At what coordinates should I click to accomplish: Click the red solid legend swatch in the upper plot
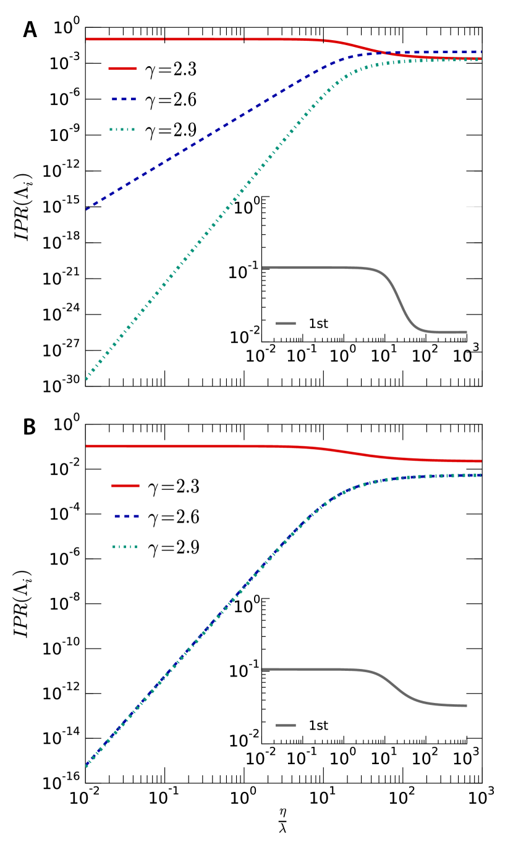[x=122, y=69]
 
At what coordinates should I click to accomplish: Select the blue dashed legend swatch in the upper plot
[x=124, y=99]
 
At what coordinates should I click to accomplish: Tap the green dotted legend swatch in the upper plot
[x=122, y=130]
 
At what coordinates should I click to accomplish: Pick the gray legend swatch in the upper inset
[x=286, y=323]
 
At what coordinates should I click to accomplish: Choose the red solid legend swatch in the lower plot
[x=125, y=486]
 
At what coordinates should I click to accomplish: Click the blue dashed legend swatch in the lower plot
[x=126, y=516]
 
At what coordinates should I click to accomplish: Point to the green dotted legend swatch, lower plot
[x=125, y=547]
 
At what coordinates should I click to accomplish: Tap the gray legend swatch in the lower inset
[x=286, y=725]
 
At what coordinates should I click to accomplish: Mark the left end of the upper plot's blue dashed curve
[x=87, y=209]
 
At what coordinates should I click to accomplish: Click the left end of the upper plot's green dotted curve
[x=87, y=379]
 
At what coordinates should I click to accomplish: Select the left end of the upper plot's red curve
[x=87, y=39]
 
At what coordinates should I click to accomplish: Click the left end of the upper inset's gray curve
[x=263, y=267]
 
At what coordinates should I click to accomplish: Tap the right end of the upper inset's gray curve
[x=467, y=332]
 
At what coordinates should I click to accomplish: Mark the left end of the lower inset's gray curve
[x=262, y=669]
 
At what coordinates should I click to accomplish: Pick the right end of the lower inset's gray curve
[x=467, y=705]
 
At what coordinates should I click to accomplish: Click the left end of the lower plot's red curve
[x=87, y=446]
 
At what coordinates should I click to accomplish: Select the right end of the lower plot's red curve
[x=481, y=461]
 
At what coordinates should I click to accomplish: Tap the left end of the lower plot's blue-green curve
[x=87, y=766]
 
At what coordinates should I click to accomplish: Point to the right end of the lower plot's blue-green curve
[x=481, y=475]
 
